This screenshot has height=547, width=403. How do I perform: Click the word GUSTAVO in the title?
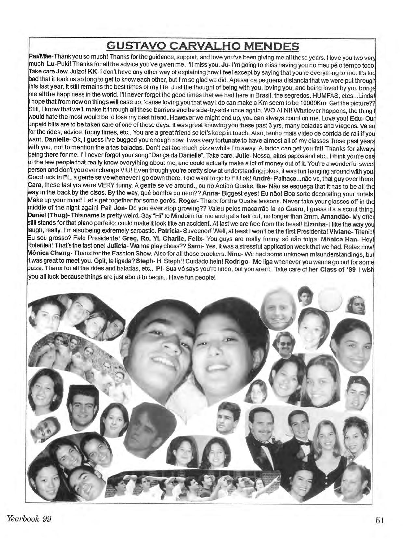(134, 46)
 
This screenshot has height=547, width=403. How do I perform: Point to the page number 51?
(380, 520)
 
